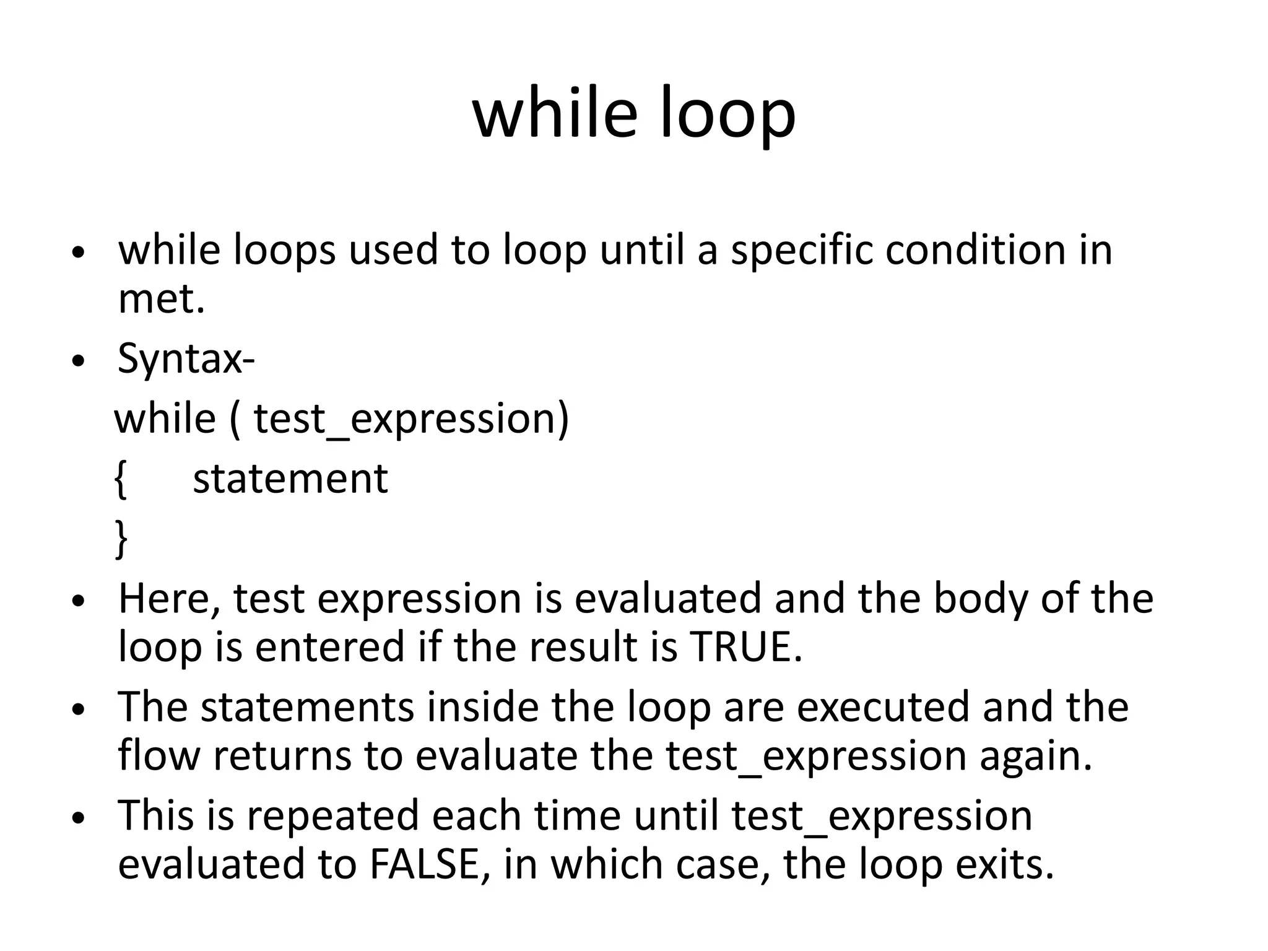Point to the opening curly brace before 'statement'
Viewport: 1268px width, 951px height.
(x=121, y=479)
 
